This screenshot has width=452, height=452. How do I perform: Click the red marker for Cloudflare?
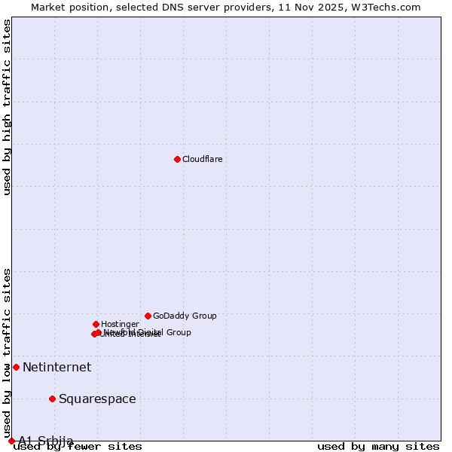[177, 159]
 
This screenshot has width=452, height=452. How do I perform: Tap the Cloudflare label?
[202, 159]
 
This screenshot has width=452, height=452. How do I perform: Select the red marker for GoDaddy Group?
[148, 316]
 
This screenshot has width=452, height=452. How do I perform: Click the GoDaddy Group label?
[185, 316]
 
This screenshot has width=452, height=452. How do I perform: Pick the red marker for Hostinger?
[96, 324]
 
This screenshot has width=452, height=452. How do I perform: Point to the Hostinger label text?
[120, 324]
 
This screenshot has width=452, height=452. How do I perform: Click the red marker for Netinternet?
[16, 367]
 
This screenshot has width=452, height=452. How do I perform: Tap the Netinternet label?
[56, 367]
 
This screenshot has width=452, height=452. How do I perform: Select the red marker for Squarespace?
[52, 399]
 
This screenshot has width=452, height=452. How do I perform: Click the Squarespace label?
[97, 399]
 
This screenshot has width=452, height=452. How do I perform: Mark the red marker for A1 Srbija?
[11, 441]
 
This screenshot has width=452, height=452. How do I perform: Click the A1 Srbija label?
[46, 441]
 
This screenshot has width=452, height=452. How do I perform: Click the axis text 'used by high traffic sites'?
[8, 107]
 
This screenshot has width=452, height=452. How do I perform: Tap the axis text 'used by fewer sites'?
[78, 447]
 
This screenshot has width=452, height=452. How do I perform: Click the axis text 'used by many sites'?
[378, 447]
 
